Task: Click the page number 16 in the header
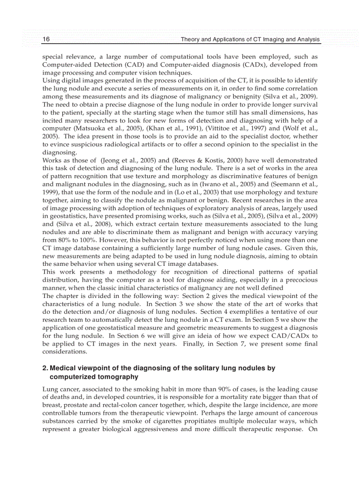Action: click(x=46, y=40)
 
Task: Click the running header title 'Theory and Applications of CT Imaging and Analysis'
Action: click(x=250, y=40)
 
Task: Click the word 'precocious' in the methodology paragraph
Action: click(x=303, y=279)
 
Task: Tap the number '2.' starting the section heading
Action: click(x=45, y=368)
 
